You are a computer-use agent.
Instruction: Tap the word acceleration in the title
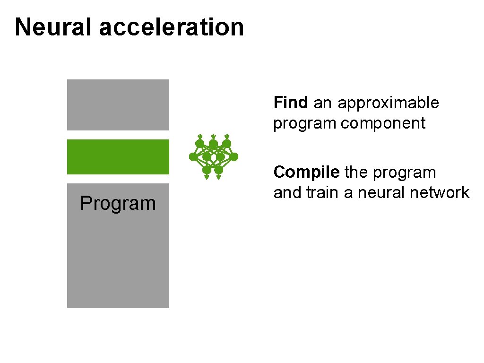(x=171, y=27)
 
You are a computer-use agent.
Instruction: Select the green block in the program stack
(x=118, y=157)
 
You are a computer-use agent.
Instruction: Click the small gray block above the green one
(x=118, y=105)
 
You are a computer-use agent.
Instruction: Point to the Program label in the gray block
(x=118, y=203)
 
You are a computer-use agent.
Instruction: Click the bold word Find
(x=291, y=103)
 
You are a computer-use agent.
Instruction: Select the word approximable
(x=388, y=103)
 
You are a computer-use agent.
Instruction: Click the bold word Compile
(x=306, y=173)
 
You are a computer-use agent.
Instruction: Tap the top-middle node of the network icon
(x=213, y=144)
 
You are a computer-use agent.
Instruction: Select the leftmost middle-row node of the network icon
(x=193, y=156)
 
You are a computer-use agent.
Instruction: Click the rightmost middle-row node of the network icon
(x=234, y=156)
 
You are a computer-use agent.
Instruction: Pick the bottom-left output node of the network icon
(x=207, y=169)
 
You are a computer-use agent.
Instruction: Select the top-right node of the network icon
(x=227, y=144)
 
